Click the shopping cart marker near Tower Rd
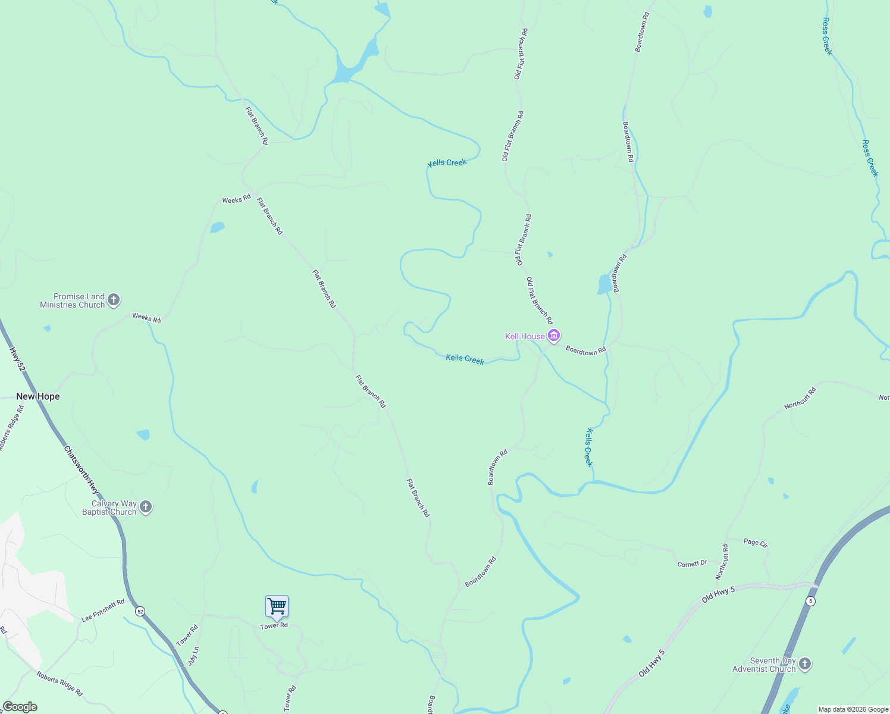277,606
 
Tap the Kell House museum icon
554,336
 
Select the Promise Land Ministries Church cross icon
114,300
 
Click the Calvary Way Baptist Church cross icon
146,508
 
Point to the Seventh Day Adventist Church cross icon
804,664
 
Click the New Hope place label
38,396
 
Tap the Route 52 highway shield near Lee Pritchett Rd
140,611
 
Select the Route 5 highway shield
811,601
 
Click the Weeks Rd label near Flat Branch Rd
236,199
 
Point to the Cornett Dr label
692,563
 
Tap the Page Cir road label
756,543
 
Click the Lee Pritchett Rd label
103,610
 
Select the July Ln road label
193,656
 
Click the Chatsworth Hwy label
82,470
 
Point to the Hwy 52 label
18,361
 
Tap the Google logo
20,707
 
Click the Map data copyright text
853,709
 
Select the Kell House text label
525,336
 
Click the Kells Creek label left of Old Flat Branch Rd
447,162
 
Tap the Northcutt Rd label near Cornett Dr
722,561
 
